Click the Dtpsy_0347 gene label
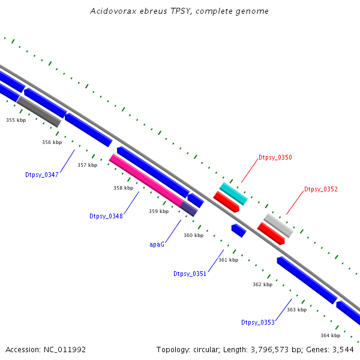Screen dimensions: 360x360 41,175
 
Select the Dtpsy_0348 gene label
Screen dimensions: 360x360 106,216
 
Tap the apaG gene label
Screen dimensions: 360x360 157,244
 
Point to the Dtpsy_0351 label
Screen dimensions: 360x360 190,274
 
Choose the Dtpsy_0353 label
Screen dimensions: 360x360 257,322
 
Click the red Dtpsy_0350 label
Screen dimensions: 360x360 275,157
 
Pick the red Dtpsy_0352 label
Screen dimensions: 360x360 320,189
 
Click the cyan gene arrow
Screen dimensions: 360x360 233,193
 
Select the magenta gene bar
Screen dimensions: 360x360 146,179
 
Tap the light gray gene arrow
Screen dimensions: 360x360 278,225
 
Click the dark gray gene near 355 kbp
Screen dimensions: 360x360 39,112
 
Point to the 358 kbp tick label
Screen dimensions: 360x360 123,188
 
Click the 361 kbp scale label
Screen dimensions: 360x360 228,260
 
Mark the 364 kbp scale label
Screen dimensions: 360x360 330,335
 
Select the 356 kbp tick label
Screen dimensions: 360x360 52,142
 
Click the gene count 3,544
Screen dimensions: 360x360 342,349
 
